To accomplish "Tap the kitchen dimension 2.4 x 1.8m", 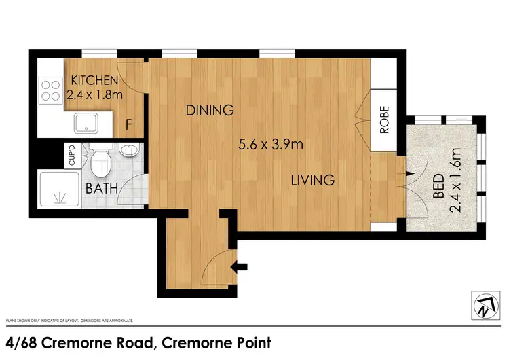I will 94,95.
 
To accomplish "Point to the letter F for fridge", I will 129,124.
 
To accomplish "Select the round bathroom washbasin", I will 130,150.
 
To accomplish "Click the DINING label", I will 210,110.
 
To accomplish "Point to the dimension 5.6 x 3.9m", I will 269,144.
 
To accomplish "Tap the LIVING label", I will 313,181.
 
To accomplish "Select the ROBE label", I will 384,120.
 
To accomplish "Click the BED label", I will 438,185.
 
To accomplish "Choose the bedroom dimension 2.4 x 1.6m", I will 456,181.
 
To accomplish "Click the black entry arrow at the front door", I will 241,268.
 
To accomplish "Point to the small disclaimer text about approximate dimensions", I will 69,319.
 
